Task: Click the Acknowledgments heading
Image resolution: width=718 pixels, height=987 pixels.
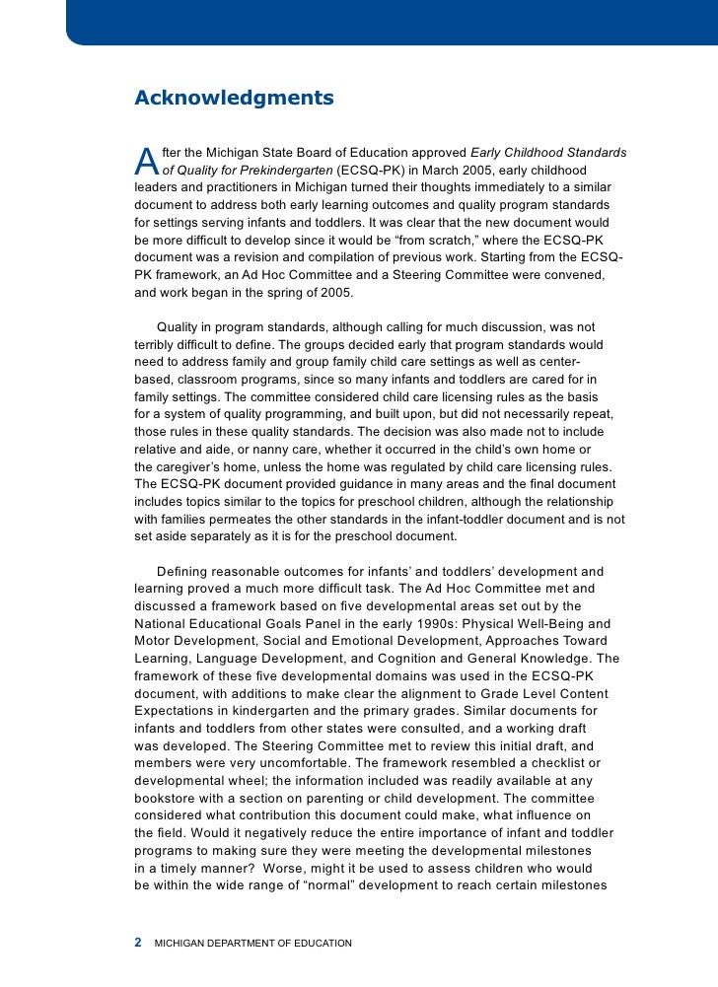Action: point(234,99)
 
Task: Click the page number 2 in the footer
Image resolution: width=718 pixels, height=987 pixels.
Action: point(138,943)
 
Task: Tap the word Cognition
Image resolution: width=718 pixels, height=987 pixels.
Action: point(436,659)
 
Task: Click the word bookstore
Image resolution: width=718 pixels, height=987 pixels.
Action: point(167,798)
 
